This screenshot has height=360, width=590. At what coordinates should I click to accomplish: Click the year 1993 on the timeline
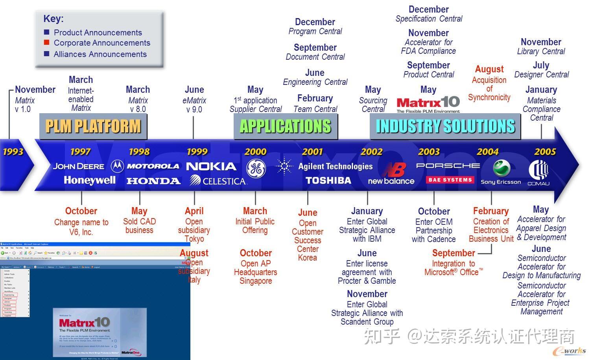(x=13, y=152)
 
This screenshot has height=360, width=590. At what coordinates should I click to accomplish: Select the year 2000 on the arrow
(x=255, y=152)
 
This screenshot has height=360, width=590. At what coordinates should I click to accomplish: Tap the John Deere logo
(x=79, y=166)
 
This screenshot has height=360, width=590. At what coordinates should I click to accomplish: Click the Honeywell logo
(x=90, y=180)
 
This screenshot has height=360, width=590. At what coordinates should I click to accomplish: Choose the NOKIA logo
(x=211, y=166)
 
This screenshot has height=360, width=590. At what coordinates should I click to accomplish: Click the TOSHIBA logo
(x=328, y=180)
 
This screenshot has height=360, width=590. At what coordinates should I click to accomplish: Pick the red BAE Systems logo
(x=450, y=180)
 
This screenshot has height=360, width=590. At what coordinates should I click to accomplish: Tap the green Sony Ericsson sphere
(x=501, y=168)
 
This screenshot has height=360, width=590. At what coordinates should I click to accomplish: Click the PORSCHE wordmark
(x=448, y=166)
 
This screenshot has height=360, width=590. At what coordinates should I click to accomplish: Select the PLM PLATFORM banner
(x=93, y=126)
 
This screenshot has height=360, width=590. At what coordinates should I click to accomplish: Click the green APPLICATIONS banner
(x=286, y=126)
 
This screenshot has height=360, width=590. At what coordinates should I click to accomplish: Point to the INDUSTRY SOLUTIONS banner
(x=445, y=126)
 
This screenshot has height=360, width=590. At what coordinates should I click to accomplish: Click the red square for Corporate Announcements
(x=47, y=42)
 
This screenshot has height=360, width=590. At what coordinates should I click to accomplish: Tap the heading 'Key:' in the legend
(x=53, y=18)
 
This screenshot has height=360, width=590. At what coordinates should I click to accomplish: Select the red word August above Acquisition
(x=489, y=69)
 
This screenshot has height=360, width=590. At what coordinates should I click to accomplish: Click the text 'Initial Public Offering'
(x=255, y=226)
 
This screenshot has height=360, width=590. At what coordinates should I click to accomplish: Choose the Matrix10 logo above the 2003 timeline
(x=428, y=103)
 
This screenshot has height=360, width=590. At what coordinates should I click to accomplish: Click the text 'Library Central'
(x=541, y=51)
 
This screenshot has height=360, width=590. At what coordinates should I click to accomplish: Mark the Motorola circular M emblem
(x=117, y=166)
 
